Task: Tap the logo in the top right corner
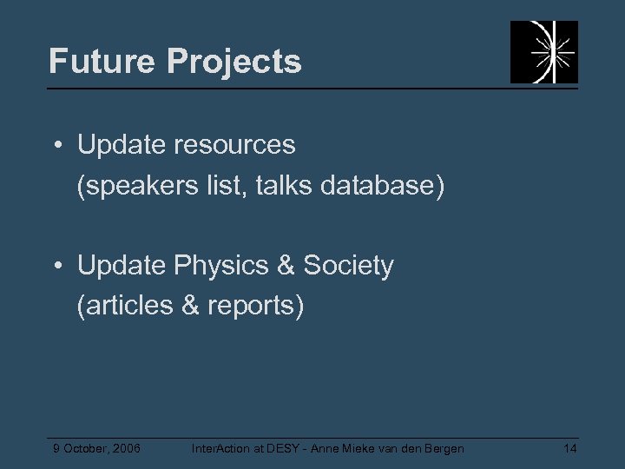point(543,52)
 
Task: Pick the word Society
point(348,266)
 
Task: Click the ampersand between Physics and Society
point(283,266)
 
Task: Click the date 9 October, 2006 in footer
point(96,448)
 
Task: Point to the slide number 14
point(569,448)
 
